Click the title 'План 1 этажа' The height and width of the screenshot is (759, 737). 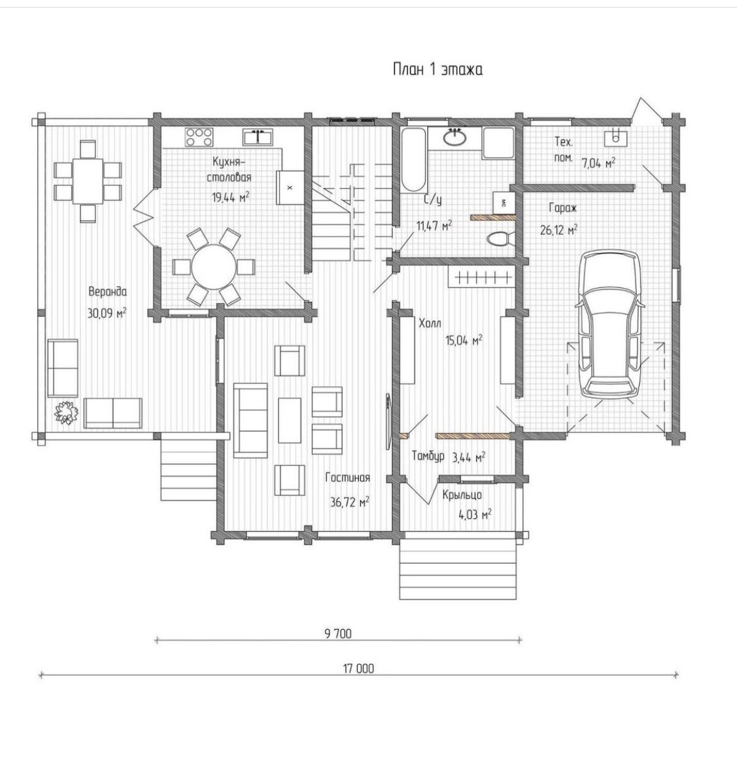pos(438,70)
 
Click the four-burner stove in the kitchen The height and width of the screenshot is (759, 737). pos(199,137)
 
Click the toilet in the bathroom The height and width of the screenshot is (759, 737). pos(500,238)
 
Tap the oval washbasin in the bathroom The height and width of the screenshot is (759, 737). pos(454,137)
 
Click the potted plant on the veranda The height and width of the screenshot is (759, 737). pos(66,412)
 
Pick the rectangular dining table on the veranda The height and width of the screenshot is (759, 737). pos(88,180)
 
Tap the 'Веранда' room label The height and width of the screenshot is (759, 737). pos(107,291)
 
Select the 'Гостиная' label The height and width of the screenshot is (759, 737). pos(348,477)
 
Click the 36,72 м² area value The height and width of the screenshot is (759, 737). pos(350,502)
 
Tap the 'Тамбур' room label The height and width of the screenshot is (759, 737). pos(428,457)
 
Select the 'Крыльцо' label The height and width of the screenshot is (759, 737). pos(462,495)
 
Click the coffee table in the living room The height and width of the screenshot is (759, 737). pos(290,420)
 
